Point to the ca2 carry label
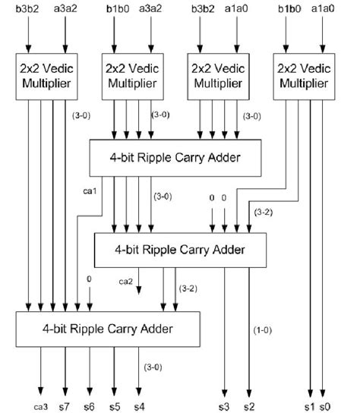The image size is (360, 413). coord(126,282)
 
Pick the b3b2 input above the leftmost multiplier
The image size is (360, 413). coord(27,10)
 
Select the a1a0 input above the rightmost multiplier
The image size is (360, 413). coord(321,10)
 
